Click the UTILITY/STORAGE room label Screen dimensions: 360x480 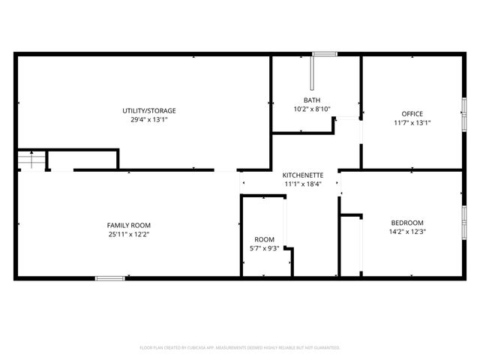pos(149,110)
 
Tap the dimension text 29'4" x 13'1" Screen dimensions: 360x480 pos(149,119)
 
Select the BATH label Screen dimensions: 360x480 pos(312,100)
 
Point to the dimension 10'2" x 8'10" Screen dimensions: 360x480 pos(312,109)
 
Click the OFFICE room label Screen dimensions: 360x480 pos(412,114)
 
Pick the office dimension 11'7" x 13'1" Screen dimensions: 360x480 pos(412,123)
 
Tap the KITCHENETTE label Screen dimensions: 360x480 pos(303,175)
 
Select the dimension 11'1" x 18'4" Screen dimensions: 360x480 pos(303,184)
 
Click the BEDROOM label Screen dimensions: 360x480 pos(407,223)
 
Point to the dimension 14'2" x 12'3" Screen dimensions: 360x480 pos(407,232)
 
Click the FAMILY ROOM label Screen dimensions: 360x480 pos(129,225)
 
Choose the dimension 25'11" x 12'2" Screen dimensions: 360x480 pos(129,234)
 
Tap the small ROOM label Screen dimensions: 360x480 pos(264,240)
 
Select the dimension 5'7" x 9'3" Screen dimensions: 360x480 pos(264,249)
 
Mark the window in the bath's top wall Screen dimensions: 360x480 pos(325,53)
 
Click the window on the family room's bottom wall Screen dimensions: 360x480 pos(109,278)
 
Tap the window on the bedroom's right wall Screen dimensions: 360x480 pos(463,223)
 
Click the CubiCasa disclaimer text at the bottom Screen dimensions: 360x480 pos(240,347)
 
